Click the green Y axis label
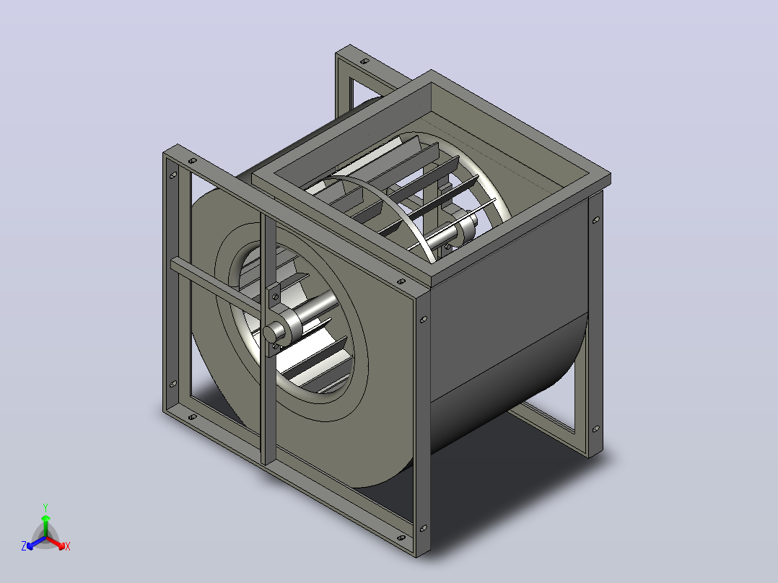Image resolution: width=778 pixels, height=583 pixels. point(45,507)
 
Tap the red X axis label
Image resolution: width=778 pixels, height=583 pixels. point(68,546)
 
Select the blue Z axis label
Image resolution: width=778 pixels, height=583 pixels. point(24,546)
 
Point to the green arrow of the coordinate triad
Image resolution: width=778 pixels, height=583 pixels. point(45,525)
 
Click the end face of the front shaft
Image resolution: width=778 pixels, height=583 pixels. point(271,334)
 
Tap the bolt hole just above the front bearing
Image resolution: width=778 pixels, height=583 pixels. point(276,297)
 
